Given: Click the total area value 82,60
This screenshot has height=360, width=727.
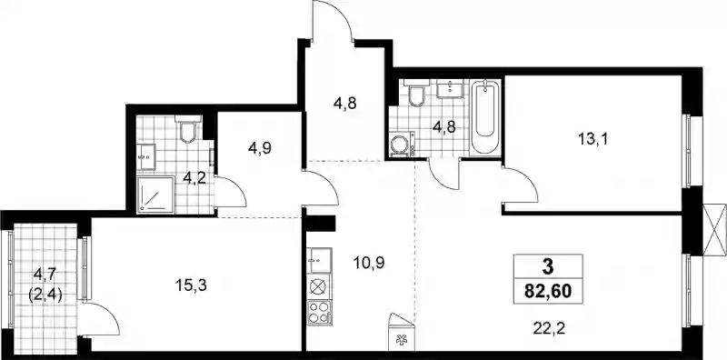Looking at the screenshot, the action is tap(548, 292).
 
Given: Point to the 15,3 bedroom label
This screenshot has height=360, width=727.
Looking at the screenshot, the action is tap(191, 285).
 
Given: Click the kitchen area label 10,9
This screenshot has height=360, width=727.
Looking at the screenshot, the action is tap(369, 263).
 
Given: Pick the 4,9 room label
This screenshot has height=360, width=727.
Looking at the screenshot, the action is tap(260, 148).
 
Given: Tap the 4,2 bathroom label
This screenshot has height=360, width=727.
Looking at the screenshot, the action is tap(194, 177).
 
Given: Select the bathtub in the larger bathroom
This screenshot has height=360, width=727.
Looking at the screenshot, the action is tap(485, 118).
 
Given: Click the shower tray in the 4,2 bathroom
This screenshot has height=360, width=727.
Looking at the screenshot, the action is tap(155, 195).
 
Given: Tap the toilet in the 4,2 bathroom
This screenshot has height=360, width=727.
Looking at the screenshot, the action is tap(188, 129).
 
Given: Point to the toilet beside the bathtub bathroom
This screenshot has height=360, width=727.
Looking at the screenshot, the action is tap(417, 94).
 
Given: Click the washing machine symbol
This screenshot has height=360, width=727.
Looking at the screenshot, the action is tap(402, 144).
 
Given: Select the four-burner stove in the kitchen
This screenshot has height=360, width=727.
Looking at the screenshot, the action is tap(319, 312).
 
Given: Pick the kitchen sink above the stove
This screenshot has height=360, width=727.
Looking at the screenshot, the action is tap(319, 261).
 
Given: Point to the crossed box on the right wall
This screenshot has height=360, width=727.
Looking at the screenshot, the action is tap(715, 230).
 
